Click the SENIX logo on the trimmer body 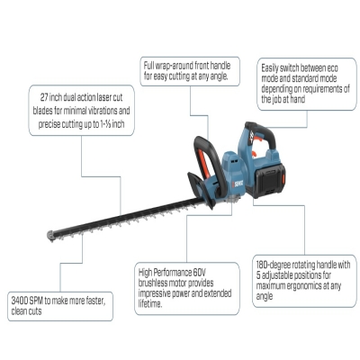(x=238, y=184)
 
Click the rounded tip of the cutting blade (x=51, y=236)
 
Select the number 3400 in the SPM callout (x=20, y=301)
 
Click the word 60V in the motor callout (x=200, y=273)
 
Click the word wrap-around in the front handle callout (x=175, y=66)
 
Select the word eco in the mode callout (x=332, y=68)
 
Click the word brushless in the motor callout (x=152, y=283)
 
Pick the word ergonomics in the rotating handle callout (x=303, y=285)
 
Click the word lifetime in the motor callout (x=150, y=304)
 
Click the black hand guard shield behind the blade (x=202, y=190)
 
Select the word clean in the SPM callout (x=18, y=311)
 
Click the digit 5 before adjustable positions (x=258, y=275)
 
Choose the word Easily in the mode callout (x=270, y=68)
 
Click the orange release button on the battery (x=283, y=180)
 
